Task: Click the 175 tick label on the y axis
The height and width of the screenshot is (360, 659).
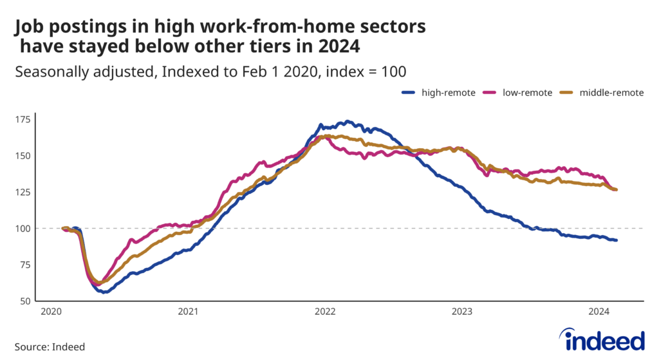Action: (23, 120)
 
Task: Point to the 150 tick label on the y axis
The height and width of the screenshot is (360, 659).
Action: (23, 156)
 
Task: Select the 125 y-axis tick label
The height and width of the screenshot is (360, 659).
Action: (23, 193)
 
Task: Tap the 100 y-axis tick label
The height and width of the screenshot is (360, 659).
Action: (23, 229)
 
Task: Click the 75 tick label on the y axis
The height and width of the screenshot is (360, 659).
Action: (24, 265)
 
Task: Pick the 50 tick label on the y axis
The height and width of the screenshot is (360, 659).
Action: (24, 301)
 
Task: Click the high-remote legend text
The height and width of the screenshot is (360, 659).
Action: (448, 93)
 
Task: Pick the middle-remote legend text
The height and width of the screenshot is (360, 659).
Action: (611, 93)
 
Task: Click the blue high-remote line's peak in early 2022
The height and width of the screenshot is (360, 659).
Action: (348, 121)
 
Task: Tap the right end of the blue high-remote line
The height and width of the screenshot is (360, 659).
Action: (617, 240)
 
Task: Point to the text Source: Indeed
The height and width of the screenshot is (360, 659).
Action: (50, 346)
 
